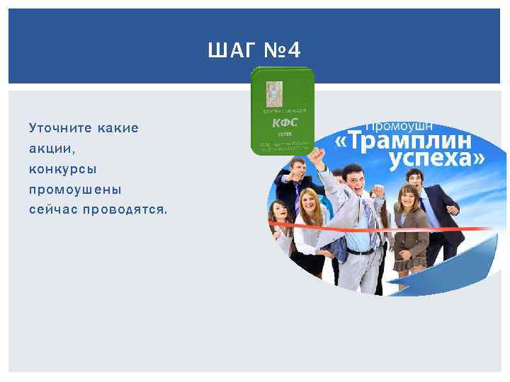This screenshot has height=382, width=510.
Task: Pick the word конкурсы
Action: pyautogui.click(x=63, y=170)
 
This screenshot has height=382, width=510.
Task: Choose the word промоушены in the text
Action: pyautogui.click(x=75, y=190)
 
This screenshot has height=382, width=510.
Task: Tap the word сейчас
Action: pyautogui.click(x=53, y=210)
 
